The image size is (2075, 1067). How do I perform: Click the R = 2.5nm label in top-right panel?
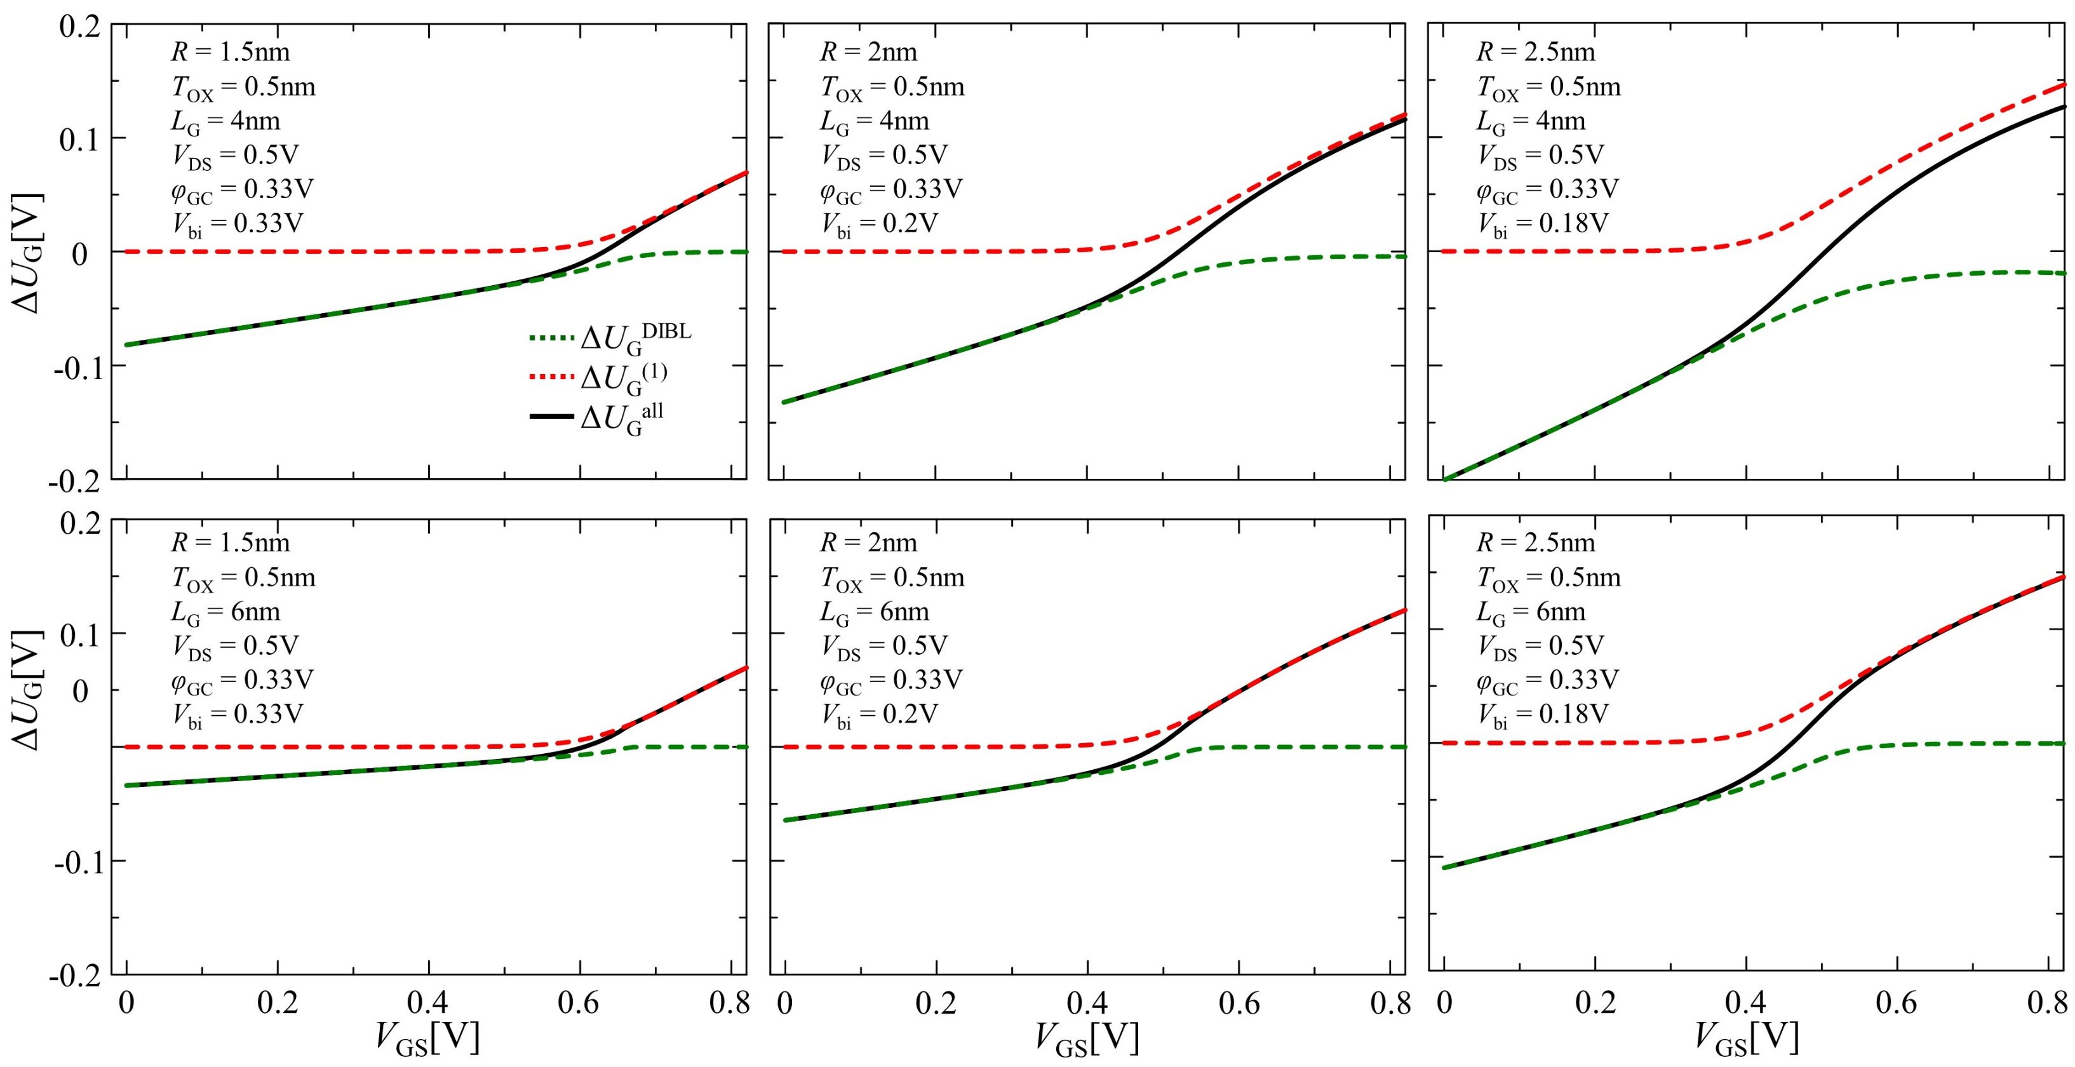pos(1534,51)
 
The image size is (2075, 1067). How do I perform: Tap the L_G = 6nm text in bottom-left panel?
pos(225,612)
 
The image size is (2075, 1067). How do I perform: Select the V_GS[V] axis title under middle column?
pos(1087,1037)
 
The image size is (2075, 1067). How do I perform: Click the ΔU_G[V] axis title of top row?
pos(27,253)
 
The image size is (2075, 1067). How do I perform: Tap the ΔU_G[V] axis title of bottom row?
pos(27,690)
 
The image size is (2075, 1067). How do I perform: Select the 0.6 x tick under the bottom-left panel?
pos(579,1003)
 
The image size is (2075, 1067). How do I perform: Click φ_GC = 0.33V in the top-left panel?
pos(241,189)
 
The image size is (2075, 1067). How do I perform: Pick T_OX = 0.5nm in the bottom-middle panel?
pos(892,578)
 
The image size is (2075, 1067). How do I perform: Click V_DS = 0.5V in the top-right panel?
pos(1540,154)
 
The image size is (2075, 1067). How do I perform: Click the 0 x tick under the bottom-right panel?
pos(1444,1003)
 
